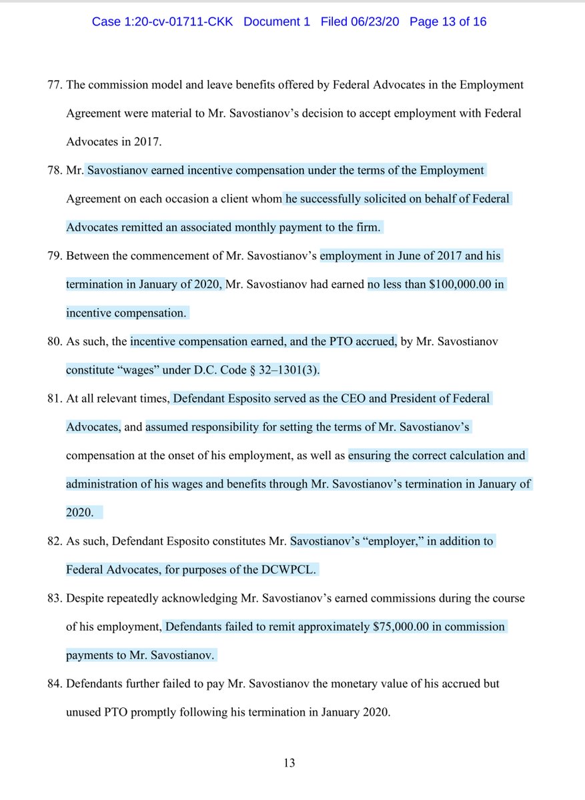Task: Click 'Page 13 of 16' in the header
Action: click(448, 22)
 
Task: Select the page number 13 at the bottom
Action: click(289, 763)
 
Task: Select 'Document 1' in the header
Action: click(277, 22)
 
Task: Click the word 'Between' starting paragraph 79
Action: click(87, 256)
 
